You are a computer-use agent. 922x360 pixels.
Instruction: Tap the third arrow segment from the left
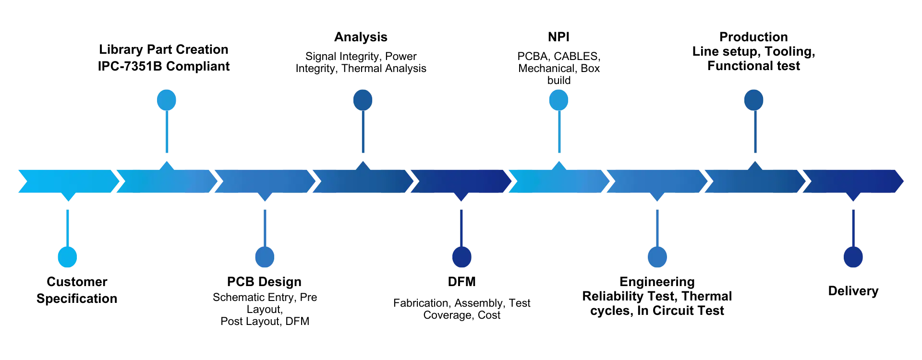point(265,182)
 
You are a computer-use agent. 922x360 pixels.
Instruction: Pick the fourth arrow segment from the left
point(363,182)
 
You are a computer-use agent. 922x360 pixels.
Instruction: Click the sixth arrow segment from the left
point(558,182)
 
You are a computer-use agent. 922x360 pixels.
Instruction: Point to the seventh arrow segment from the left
point(657,182)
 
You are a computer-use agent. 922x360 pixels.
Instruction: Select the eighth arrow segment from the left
point(754,182)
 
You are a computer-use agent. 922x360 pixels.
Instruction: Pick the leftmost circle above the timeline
point(167,99)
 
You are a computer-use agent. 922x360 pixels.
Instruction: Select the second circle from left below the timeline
point(265,257)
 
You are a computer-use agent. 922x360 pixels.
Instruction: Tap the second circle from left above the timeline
point(363,99)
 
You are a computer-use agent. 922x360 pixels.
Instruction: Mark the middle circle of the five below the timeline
point(461,257)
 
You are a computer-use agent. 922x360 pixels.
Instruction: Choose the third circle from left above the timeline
point(558,99)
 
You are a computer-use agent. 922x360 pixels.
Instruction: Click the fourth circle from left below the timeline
point(657,257)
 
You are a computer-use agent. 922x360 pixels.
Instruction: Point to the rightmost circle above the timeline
point(753,99)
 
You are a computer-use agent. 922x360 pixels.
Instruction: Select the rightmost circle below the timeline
point(853,257)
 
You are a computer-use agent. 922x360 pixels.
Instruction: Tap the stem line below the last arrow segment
point(853,226)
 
